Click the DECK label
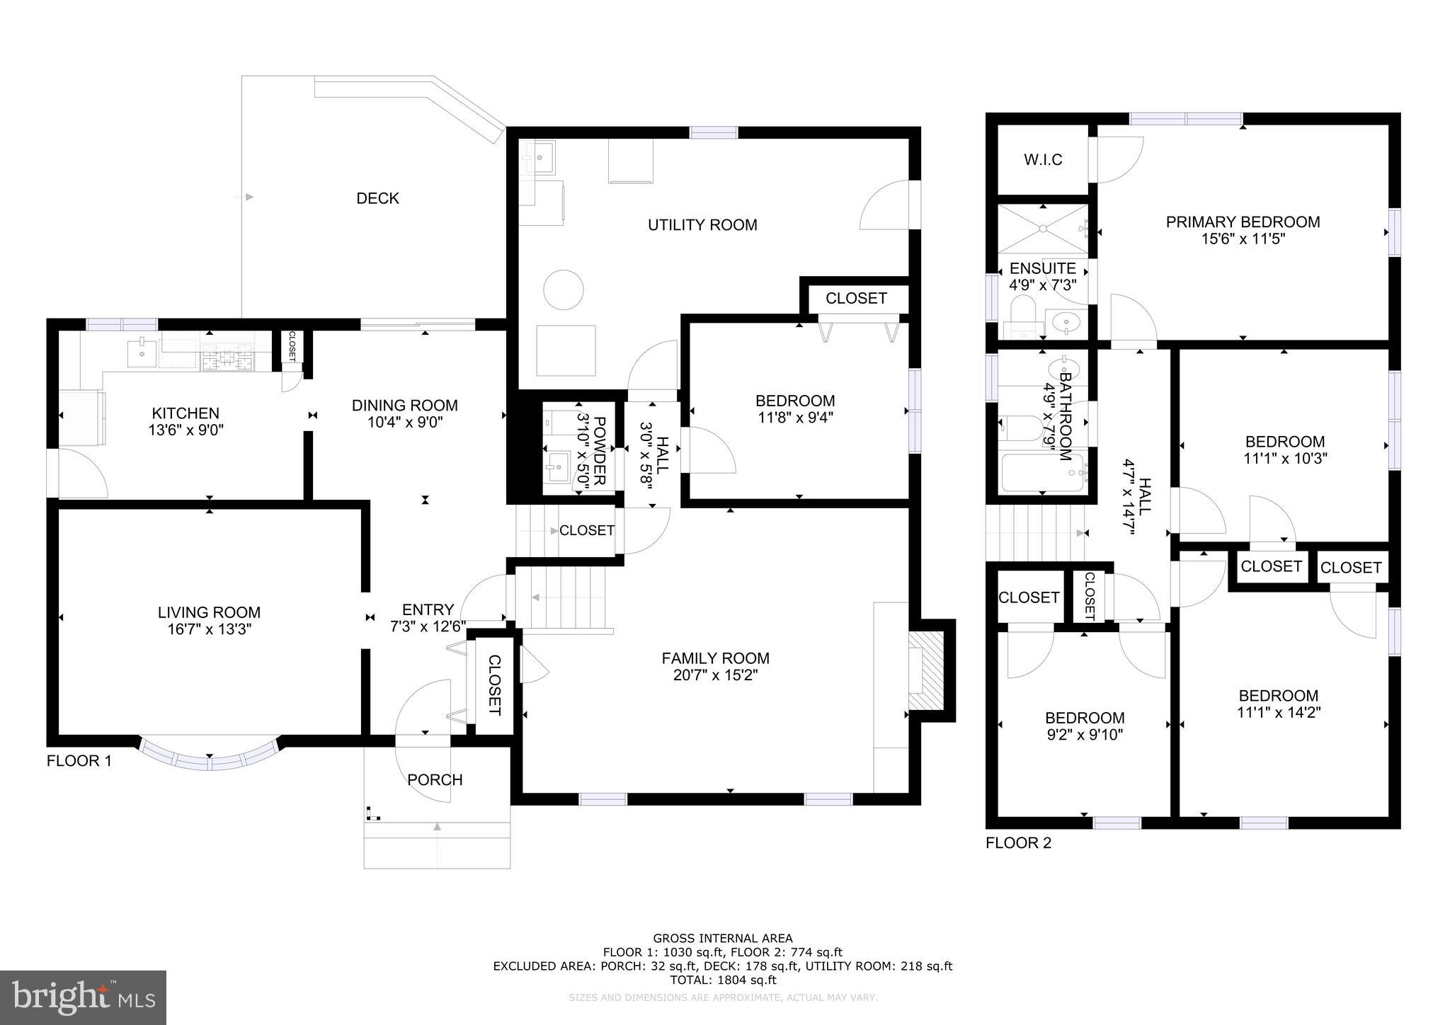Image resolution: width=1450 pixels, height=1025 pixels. coord(377,198)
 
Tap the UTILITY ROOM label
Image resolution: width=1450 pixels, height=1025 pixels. coord(702,225)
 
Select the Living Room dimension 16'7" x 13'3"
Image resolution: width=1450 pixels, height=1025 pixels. coord(209,629)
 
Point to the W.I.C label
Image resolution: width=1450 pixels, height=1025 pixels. coord(1043,160)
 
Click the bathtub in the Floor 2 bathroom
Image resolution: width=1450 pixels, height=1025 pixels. coord(1041,472)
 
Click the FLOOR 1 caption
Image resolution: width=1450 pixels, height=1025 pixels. coord(79,762)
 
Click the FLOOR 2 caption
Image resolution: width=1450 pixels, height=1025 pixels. coord(1018,843)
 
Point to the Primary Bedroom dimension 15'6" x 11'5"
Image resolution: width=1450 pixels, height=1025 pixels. coord(1243,239)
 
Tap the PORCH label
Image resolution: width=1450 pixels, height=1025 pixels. coord(435,780)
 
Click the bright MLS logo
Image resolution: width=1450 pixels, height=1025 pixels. coord(84,997)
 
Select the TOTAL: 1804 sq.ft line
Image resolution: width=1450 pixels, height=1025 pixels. coord(723,980)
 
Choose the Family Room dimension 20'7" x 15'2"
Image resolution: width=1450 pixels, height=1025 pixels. coord(715,675)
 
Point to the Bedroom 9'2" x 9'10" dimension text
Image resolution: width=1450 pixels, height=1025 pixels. coord(1084,735)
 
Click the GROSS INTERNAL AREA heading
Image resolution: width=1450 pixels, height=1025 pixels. coord(723,939)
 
